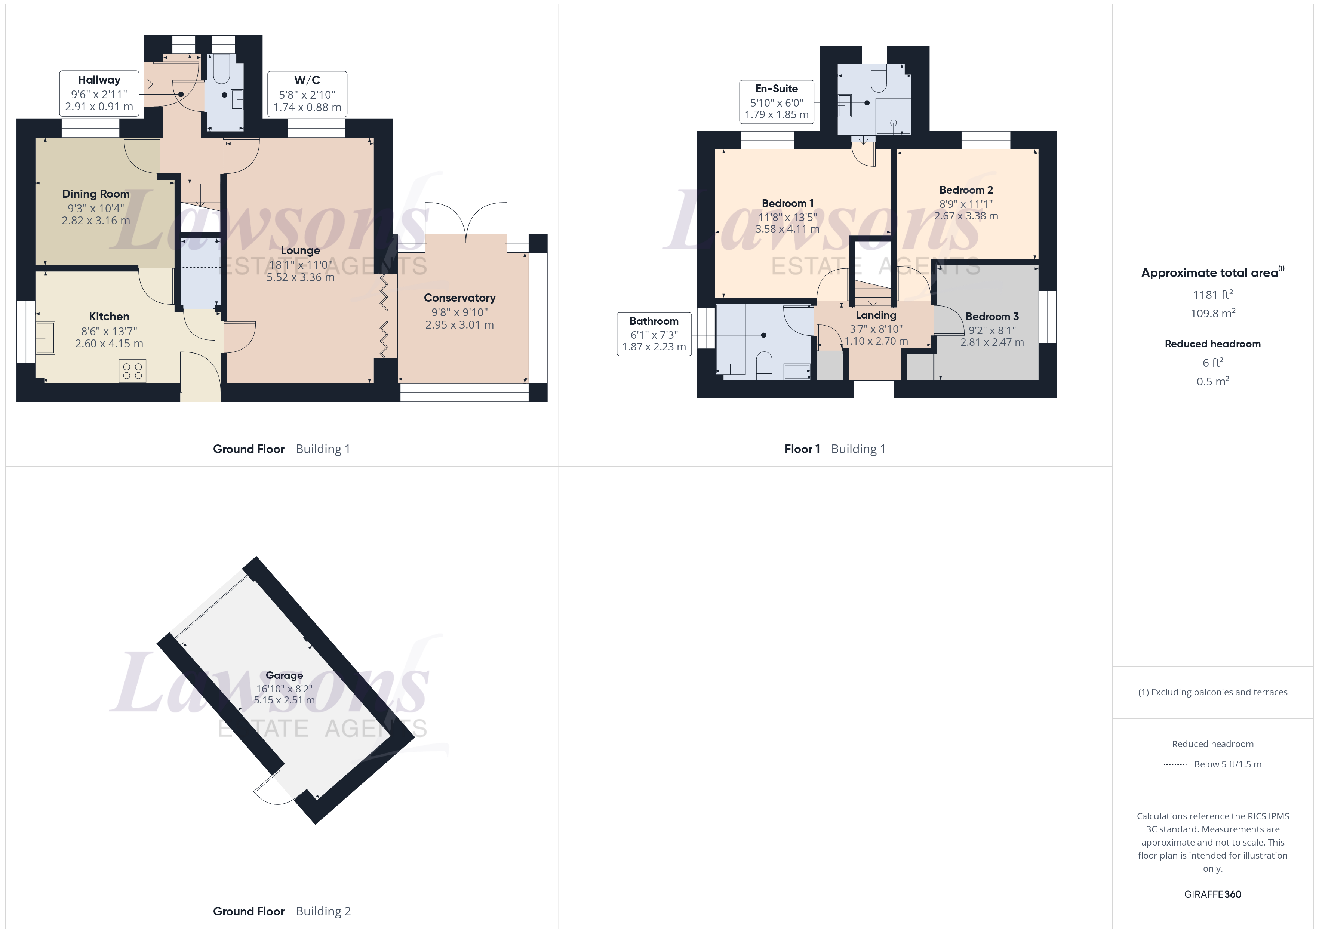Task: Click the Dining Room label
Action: tap(96, 194)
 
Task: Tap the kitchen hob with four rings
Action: tap(133, 371)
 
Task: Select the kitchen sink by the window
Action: tap(45, 338)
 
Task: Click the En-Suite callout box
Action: tap(777, 102)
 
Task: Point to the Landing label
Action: tap(876, 315)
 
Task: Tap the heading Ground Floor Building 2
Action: tap(282, 912)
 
